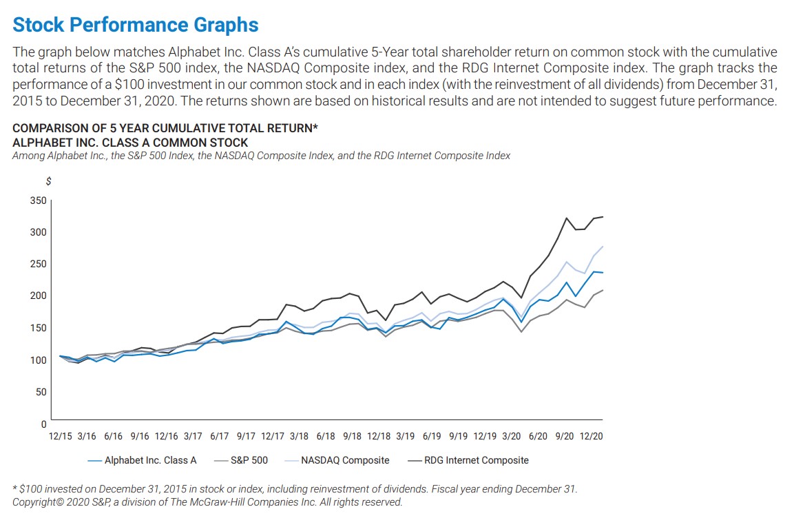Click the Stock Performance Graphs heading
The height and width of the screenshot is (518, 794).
point(136,25)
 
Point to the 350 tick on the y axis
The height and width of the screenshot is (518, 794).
point(39,200)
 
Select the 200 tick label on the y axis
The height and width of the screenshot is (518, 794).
point(39,296)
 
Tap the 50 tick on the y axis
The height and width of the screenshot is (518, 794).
point(41,391)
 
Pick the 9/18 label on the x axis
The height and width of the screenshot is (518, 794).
point(353,436)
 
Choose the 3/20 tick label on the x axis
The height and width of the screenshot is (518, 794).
point(511,436)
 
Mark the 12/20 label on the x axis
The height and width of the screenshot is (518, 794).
point(592,436)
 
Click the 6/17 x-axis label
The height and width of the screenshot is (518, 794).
point(219,436)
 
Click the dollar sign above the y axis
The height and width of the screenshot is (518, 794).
point(48,181)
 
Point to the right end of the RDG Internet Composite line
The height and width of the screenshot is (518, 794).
point(603,217)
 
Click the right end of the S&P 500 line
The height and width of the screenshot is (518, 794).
point(603,290)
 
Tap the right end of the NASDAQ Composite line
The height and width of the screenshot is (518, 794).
point(603,246)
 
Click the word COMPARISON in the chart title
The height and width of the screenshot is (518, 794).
point(46,129)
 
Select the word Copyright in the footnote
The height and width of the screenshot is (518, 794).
point(37,502)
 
